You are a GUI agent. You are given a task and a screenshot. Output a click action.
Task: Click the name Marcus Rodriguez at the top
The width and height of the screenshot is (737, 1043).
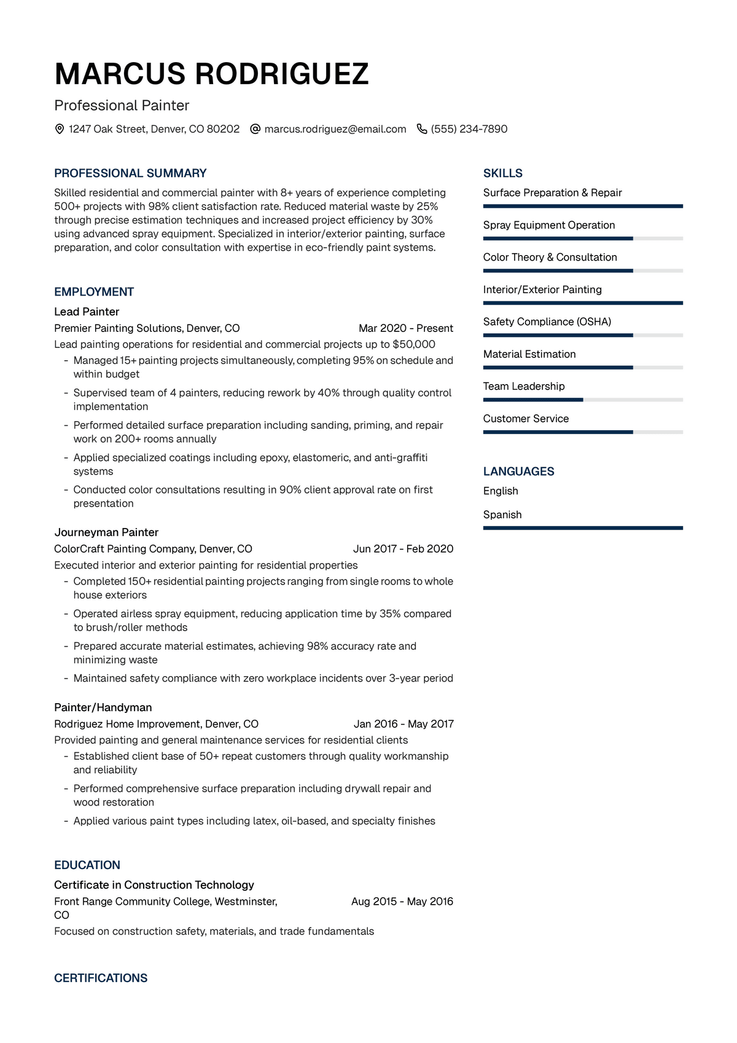(211, 74)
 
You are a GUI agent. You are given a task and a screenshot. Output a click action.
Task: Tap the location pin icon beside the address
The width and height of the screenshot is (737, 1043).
(60, 129)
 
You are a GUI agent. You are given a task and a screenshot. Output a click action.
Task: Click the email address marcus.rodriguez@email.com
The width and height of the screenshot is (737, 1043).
(335, 129)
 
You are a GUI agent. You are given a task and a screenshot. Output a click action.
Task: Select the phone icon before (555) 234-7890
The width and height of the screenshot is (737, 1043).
(422, 129)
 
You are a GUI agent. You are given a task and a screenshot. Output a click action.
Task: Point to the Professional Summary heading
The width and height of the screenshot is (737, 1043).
(130, 173)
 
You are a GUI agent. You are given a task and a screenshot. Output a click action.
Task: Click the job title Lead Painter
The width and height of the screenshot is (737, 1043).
(87, 312)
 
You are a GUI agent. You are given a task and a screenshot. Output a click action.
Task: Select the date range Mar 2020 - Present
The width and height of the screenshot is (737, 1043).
(405, 328)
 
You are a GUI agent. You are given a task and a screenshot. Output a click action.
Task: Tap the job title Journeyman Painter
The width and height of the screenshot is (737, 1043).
(106, 532)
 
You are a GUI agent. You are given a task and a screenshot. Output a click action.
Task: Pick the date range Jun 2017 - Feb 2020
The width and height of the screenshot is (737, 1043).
(403, 549)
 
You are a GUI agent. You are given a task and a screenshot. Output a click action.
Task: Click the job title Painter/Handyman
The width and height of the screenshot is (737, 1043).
(103, 707)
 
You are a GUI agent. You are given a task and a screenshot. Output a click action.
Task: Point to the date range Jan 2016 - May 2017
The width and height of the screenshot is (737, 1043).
(404, 724)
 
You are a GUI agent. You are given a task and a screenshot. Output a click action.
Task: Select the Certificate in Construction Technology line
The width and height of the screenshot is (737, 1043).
(154, 885)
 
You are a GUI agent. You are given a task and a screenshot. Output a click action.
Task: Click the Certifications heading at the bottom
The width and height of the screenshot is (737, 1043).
(101, 978)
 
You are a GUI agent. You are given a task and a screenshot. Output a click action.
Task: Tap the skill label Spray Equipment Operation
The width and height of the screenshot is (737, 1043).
(548, 225)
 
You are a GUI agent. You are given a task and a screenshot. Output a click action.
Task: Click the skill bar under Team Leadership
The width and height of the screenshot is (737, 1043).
(582, 400)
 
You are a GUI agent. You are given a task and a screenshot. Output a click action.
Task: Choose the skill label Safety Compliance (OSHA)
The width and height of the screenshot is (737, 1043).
(547, 321)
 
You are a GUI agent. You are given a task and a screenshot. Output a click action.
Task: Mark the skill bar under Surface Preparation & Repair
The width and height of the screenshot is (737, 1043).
(582, 207)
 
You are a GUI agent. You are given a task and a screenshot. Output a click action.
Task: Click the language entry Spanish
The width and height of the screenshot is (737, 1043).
(502, 514)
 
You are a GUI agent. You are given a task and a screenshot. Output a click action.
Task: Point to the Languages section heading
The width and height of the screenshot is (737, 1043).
(518, 471)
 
